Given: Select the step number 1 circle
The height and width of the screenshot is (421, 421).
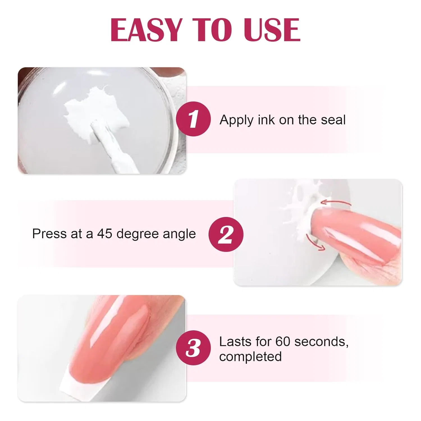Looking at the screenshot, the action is [193, 119].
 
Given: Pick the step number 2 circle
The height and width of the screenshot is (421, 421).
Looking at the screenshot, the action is [226, 234].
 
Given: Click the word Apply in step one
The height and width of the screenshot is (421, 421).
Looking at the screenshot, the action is [237, 120].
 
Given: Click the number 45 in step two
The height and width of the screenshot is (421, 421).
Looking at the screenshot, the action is [105, 234].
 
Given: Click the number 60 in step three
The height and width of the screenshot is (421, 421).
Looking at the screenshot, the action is [283, 342].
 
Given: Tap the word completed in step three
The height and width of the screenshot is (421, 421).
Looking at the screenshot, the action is [250, 357].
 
